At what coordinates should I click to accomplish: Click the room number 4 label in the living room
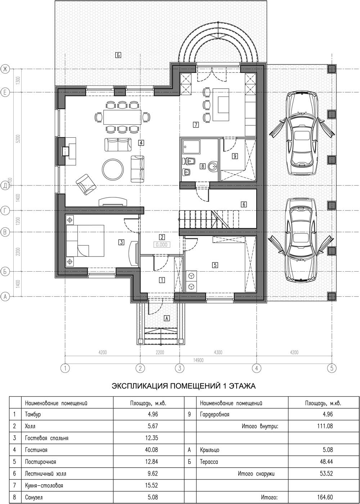(x=141, y=143)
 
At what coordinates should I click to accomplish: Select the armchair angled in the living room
(x=86, y=184)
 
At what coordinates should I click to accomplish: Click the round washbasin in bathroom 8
(x=212, y=166)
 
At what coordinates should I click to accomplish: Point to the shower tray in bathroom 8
(x=191, y=147)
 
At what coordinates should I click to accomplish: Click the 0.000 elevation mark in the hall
(x=162, y=245)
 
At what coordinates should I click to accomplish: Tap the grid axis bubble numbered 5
(x=332, y=368)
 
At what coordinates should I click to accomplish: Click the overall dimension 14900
(x=198, y=360)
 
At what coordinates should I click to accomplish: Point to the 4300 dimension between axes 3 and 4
(x=218, y=352)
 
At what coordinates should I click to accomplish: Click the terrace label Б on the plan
(x=118, y=55)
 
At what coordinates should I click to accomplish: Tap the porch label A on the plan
(x=167, y=318)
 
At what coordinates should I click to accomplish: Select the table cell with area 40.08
(x=149, y=450)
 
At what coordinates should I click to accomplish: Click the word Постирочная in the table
(x=40, y=462)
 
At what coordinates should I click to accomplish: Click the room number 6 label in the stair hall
(x=243, y=205)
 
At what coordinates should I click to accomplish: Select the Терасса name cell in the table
(x=242, y=462)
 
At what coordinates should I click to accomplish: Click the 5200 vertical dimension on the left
(x=18, y=139)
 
